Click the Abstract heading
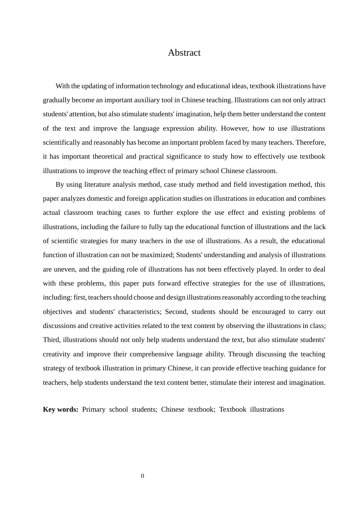(184, 53)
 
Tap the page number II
(142, 476)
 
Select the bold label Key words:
(61, 409)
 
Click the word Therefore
(310, 142)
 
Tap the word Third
(51, 340)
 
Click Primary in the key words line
(94, 409)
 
